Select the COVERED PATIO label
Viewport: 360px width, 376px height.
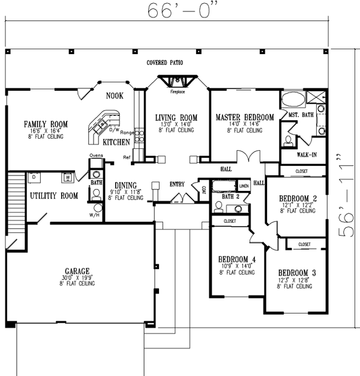pyautogui.click(x=164, y=62)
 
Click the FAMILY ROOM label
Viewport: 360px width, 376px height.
pyautogui.click(x=46, y=124)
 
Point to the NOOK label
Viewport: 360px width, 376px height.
pyautogui.click(x=115, y=96)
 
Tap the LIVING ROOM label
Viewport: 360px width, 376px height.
pyautogui.click(x=176, y=117)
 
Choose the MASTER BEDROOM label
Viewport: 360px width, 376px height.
pyautogui.click(x=245, y=117)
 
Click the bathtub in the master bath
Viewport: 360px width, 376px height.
pyautogui.click(x=293, y=99)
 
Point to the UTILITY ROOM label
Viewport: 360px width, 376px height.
pyautogui.click(x=54, y=196)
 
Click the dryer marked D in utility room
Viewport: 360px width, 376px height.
pyautogui.click(x=34, y=177)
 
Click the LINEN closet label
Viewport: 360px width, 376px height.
pyautogui.click(x=244, y=186)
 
